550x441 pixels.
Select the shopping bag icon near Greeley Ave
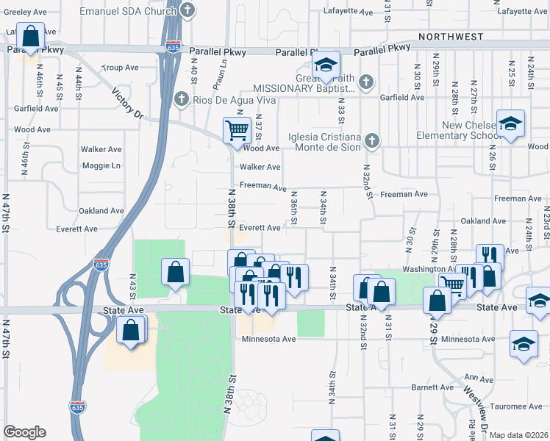(31, 35)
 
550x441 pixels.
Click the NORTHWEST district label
(451, 36)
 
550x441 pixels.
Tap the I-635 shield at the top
(173, 46)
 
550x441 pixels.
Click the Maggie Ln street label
(101, 165)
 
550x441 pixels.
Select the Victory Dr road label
(127, 104)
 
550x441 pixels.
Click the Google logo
(24, 432)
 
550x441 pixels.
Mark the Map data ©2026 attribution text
(518, 435)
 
